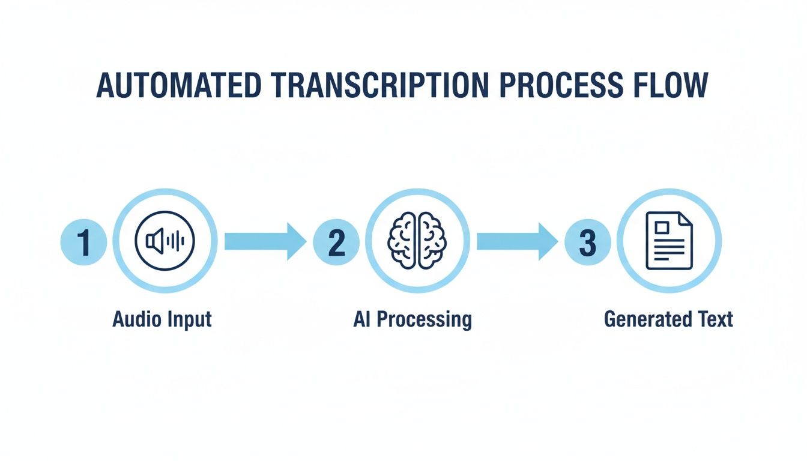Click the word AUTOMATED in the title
pyautogui.click(x=178, y=86)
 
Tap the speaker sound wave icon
pyautogui.click(x=165, y=241)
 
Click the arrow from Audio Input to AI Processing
pyautogui.click(x=265, y=241)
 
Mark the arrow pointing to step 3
pyautogui.click(x=517, y=241)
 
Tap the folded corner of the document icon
pyautogui.click(x=685, y=218)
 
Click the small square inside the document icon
pyautogui.click(x=662, y=227)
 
